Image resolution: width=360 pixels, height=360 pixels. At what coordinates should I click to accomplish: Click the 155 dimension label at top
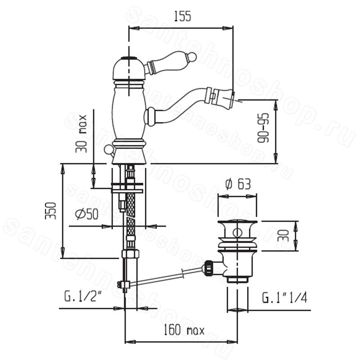tap(183, 17)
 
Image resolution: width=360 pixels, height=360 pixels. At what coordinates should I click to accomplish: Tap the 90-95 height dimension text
tap(263, 128)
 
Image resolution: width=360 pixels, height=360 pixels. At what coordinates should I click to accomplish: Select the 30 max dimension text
tap(81, 134)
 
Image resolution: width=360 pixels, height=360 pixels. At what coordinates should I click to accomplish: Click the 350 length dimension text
tap(50, 211)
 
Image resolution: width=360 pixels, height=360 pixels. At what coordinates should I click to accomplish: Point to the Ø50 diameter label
tap(87, 214)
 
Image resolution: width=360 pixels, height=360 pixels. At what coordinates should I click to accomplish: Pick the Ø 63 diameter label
tap(238, 184)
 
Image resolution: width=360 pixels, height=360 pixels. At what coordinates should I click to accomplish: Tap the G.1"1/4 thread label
tap(284, 297)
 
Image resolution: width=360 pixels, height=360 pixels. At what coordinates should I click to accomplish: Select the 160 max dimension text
tap(184, 330)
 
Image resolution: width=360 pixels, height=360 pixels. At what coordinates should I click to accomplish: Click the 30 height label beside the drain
tap(283, 235)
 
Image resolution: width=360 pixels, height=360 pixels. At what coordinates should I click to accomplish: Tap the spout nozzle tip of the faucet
tap(221, 97)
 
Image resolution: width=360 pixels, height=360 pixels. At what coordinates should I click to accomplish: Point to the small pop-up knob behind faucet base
tap(108, 149)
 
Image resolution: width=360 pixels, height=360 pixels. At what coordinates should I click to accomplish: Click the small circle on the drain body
tap(237, 233)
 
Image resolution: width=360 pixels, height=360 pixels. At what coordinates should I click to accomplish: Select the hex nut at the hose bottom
tap(130, 254)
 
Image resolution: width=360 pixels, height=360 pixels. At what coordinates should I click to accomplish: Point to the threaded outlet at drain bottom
tap(238, 279)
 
